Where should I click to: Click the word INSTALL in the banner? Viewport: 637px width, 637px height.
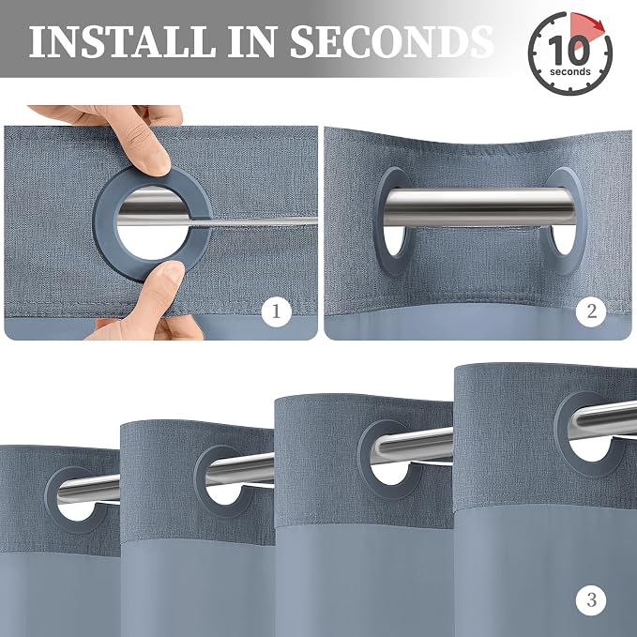pyautogui.click(x=123, y=41)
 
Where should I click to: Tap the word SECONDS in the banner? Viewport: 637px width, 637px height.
pyautogui.click(x=392, y=41)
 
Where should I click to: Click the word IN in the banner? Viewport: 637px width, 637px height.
pyautogui.click(x=252, y=41)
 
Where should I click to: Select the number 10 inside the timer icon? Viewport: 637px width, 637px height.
pyautogui.click(x=569, y=50)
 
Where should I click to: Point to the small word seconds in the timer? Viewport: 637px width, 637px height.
pyautogui.click(x=570, y=72)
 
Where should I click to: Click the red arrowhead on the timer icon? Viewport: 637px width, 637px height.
pyautogui.click(x=597, y=26)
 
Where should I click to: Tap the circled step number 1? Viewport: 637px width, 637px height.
pyautogui.click(x=276, y=311)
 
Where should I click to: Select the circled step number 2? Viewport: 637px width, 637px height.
pyautogui.click(x=591, y=311)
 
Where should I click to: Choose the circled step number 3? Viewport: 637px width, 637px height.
pyautogui.click(x=591, y=600)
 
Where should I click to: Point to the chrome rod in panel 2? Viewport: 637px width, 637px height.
pyautogui.click(x=479, y=207)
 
